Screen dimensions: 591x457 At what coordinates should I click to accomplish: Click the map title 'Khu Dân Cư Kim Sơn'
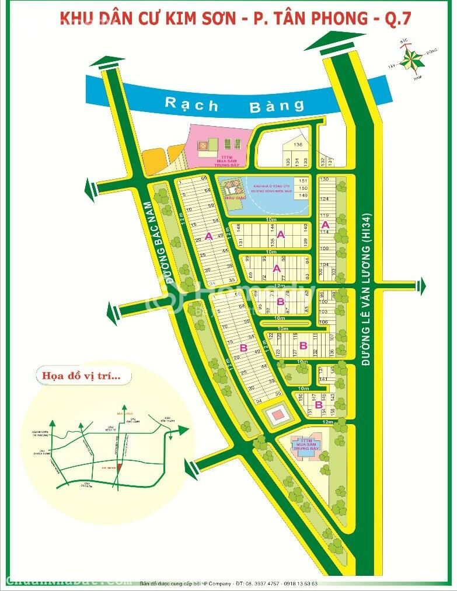pos(152,18)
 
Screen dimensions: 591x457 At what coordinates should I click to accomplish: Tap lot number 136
pos(298,145)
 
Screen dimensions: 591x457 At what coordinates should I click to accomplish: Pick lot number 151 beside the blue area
pos(303,181)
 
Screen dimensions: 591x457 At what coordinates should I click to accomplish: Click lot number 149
pos(303,195)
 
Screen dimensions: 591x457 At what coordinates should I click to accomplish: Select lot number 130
pos(325,179)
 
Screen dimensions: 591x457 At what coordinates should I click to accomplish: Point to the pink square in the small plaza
pos(276,415)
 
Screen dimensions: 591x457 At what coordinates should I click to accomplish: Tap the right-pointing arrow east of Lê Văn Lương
pos(421,286)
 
